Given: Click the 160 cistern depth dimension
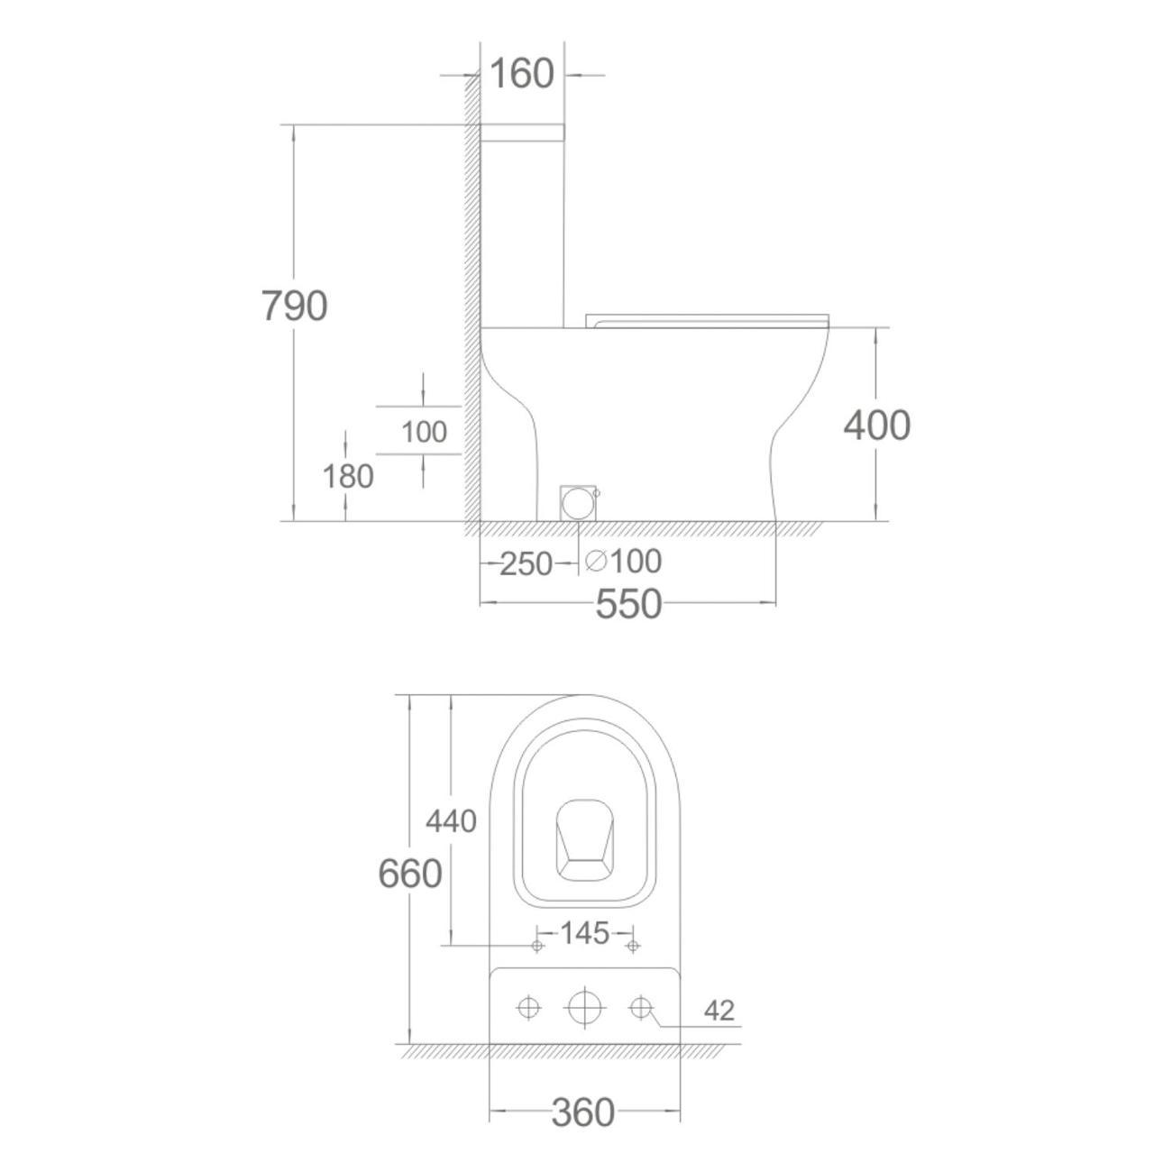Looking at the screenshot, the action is coord(522,74).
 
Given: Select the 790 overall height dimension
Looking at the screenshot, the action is coord(295,306).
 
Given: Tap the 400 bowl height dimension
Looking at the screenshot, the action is coord(876,425).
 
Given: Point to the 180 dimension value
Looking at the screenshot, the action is coord(348,476).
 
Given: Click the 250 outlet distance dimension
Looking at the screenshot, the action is coord(526,563).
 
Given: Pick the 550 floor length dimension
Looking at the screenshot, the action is coord(628,604).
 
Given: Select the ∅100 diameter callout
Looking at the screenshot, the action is coord(623,561).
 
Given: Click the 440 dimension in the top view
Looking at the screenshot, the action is coord(451,821).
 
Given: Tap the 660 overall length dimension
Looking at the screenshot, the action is coord(410,874).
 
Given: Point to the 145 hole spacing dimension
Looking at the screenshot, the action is coord(584,933).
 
